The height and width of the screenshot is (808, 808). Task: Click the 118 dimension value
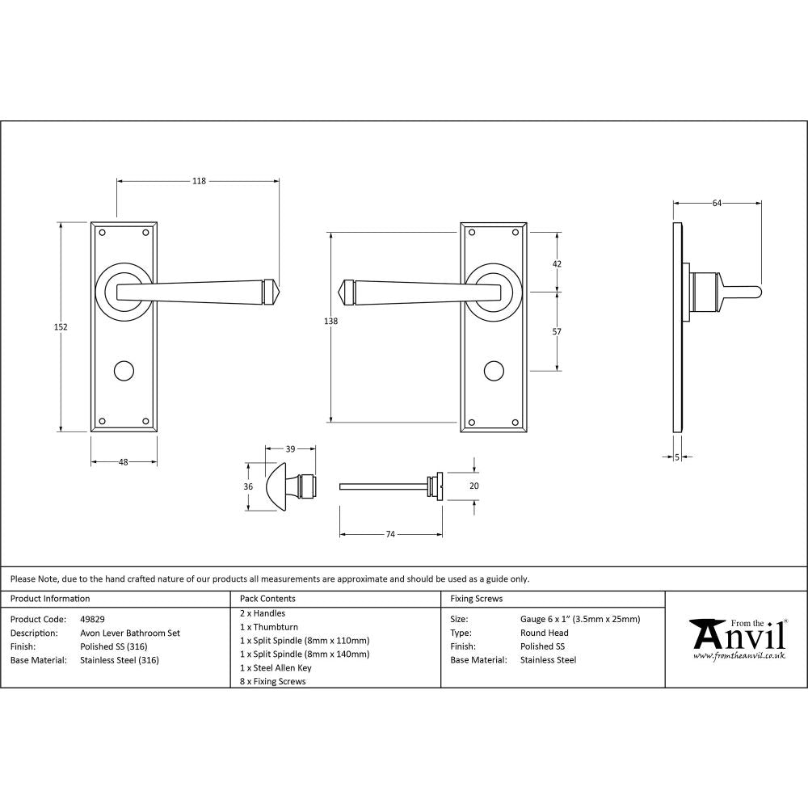(x=199, y=181)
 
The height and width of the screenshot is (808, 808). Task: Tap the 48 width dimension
(x=124, y=462)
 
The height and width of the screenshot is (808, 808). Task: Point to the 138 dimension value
(x=330, y=321)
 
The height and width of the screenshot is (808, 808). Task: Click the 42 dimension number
(x=557, y=264)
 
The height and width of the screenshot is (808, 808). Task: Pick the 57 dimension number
(x=557, y=331)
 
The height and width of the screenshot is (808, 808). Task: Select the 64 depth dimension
(x=717, y=204)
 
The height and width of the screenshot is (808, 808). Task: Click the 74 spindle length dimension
(x=390, y=534)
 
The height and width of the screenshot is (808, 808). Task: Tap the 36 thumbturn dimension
(x=249, y=486)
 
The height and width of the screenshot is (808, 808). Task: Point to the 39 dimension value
(x=290, y=448)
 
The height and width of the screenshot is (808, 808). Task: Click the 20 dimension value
(x=474, y=486)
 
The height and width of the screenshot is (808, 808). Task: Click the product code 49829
(x=93, y=619)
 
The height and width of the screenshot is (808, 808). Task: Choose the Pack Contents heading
(x=267, y=599)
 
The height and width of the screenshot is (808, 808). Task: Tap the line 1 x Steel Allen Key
(x=276, y=668)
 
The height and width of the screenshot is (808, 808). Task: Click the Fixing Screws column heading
(x=477, y=599)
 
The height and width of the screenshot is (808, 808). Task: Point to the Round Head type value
(x=545, y=633)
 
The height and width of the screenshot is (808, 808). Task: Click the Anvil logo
(x=737, y=638)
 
